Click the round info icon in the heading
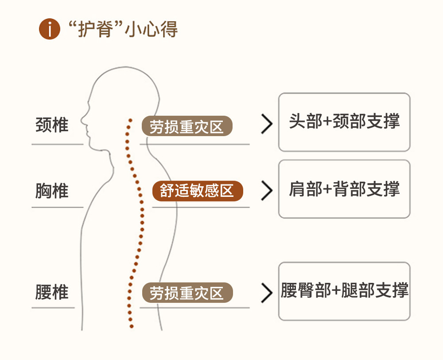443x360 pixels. pyautogui.click(x=50, y=30)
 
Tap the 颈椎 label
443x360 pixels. pyautogui.click(x=52, y=125)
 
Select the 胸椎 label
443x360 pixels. pyautogui.click(x=52, y=191)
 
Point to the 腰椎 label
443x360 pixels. pyautogui.click(x=52, y=293)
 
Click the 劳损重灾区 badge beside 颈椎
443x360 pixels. pyautogui.click(x=187, y=126)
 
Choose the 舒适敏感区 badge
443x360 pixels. pyautogui.click(x=198, y=191)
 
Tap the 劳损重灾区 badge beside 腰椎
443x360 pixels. pyautogui.click(x=187, y=293)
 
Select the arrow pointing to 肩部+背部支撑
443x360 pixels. pyautogui.click(x=266, y=191)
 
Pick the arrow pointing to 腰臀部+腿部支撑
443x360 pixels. pyautogui.click(x=266, y=293)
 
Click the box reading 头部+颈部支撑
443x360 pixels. pyautogui.click(x=344, y=122)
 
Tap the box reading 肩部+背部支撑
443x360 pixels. pyautogui.click(x=344, y=189)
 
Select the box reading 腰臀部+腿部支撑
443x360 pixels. pyautogui.click(x=344, y=291)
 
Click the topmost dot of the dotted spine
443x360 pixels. pyautogui.click(x=130, y=120)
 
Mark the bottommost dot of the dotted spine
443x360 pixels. pyautogui.click(x=132, y=327)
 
